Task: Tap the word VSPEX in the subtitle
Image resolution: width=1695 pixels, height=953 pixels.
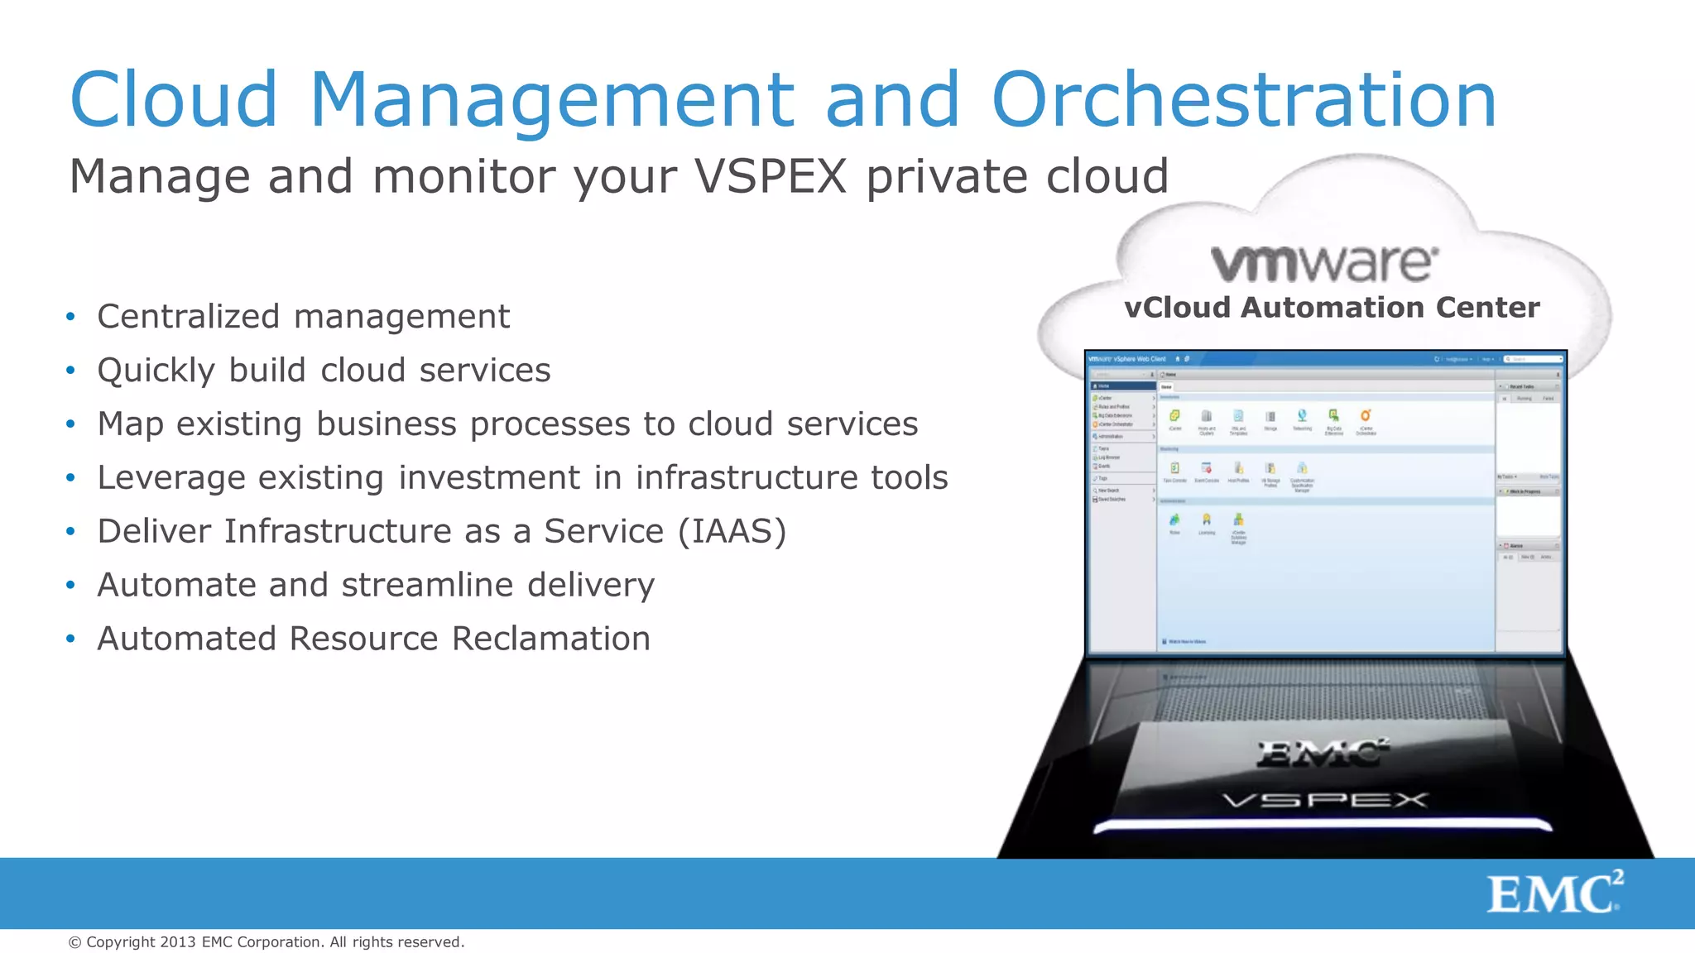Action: point(770,176)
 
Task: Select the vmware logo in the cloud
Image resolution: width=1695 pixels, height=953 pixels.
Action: point(1324,263)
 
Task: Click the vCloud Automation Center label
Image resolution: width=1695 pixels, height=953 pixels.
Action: point(1332,308)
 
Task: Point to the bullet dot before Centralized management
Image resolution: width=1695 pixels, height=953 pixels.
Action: point(71,317)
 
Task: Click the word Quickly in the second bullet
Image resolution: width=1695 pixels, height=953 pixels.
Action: point(156,371)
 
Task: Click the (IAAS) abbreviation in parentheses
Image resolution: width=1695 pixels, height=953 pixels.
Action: point(732,531)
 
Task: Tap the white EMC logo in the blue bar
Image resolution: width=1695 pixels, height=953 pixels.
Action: point(1554,893)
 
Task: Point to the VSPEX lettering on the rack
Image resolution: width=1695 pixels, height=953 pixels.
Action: point(1325,800)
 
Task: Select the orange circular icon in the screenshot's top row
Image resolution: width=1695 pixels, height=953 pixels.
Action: point(1366,415)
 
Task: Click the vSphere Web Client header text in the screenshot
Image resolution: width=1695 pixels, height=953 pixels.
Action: point(1140,359)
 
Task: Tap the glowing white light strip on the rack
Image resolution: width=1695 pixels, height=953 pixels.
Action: point(1323,825)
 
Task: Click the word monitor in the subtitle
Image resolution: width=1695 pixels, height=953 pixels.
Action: point(463,176)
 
